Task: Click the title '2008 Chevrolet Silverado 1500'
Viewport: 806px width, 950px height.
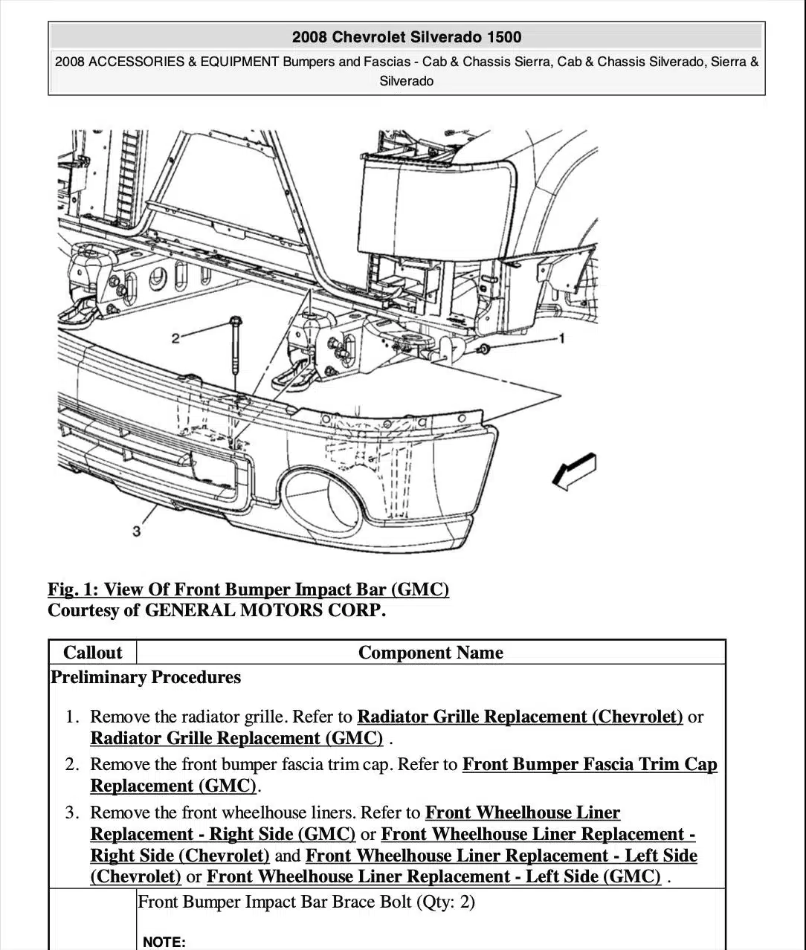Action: [x=406, y=37]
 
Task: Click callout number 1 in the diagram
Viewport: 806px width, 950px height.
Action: [x=561, y=339]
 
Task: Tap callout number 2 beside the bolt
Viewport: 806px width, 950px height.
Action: [x=175, y=339]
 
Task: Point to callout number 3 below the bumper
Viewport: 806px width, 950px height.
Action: [x=136, y=531]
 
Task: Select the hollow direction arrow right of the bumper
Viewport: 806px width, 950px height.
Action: [x=575, y=471]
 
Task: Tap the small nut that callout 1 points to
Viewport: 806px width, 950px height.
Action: [x=484, y=349]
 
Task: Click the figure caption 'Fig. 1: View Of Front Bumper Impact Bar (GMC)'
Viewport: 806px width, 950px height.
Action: [x=248, y=590]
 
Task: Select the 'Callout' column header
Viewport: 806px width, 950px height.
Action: [x=92, y=653]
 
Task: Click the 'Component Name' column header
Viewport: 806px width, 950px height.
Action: [x=431, y=653]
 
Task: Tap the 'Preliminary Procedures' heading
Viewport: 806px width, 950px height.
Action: [x=146, y=677]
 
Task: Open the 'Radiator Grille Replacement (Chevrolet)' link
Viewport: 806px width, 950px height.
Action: [x=520, y=717]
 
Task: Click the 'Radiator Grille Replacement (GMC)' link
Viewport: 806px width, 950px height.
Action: [x=236, y=738]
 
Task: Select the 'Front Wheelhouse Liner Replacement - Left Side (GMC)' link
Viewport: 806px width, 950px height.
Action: [x=433, y=876]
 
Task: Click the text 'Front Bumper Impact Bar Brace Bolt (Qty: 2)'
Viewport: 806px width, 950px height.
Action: [x=306, y=902]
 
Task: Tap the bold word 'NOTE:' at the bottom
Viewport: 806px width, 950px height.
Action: [x=164, y=942]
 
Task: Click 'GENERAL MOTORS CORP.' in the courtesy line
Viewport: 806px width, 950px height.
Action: [x=265, y=611]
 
